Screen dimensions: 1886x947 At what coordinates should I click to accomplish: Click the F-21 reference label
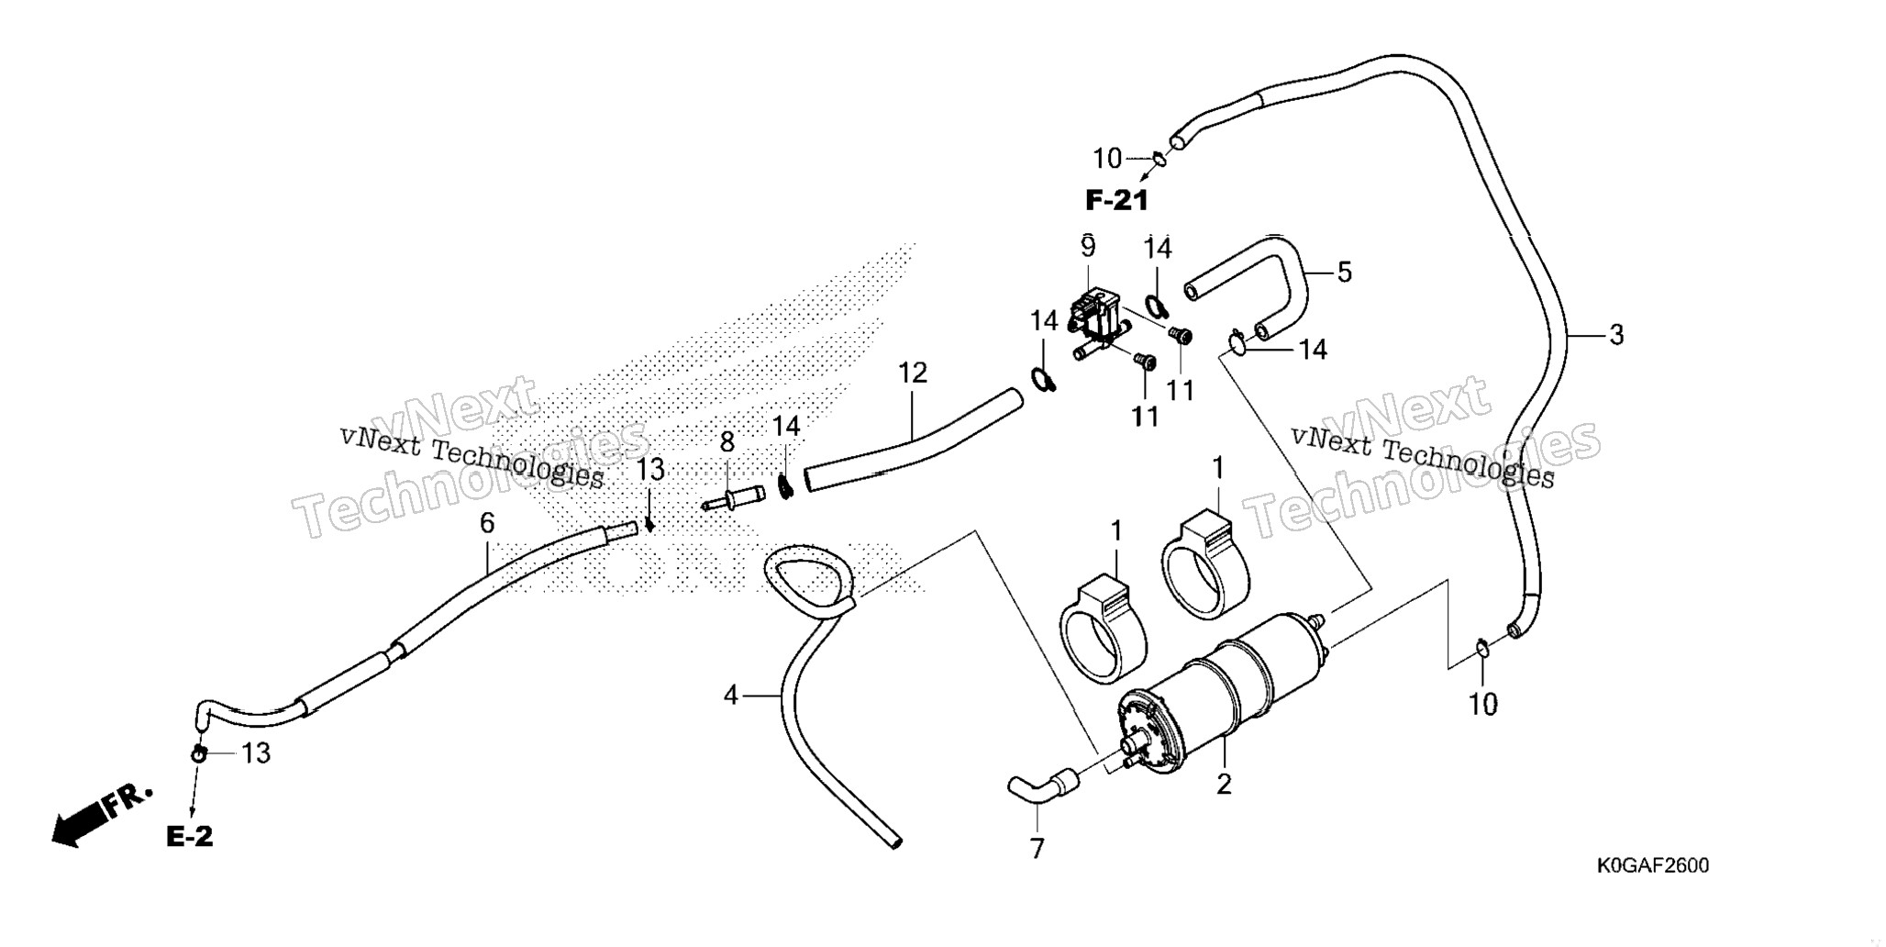[x=1116, y=200]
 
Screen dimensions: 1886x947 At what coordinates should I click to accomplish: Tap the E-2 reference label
[x=190, y=836]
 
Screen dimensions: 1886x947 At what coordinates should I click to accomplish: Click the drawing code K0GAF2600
[x=1653, y=865]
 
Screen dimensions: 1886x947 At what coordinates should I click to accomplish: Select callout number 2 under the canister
[x=1224, y=785]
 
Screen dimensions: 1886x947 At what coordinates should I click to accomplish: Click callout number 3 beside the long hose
[x=1616, y=336]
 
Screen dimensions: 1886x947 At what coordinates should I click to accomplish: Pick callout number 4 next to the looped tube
[x=730, y=696]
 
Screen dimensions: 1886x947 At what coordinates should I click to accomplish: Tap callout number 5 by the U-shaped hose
[x=1344, y=272]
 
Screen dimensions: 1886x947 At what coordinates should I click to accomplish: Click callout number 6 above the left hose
[x=487, y=523]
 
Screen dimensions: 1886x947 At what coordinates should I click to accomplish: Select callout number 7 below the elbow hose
[x=1037, y=850]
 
